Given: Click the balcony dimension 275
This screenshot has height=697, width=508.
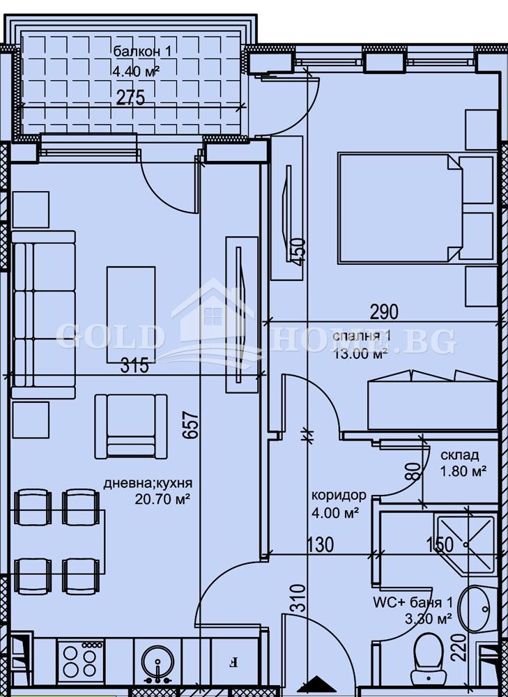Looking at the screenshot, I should (130, 98).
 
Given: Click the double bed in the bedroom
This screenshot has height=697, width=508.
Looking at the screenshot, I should (399, 208).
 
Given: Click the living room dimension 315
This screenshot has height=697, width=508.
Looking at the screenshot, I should (134, 366).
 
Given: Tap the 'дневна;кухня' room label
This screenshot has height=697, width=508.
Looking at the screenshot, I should (148, 483).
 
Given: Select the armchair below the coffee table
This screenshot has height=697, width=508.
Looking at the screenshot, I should (131, 425).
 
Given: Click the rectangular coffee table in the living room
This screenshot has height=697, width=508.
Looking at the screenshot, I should (131, 314).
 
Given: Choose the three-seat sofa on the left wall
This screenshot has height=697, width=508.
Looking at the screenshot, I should (43, 314).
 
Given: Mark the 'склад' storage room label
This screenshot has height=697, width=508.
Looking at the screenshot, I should (459, 455).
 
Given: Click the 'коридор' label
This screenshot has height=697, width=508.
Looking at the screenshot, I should (339, 496).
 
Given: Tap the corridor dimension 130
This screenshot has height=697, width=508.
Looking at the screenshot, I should (318, 544).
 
